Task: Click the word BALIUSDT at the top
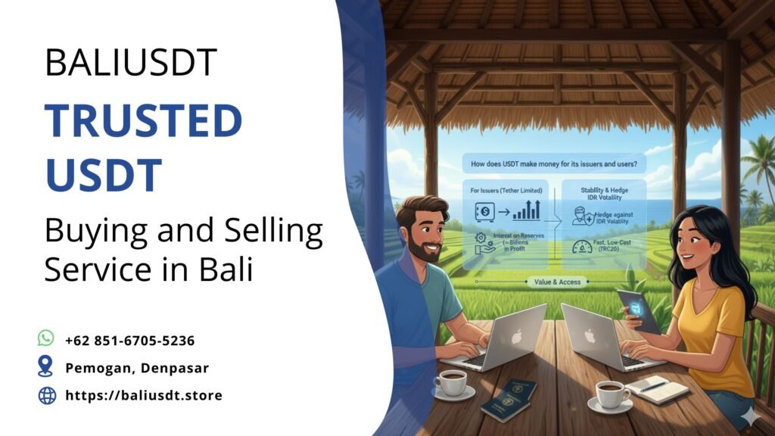point(131,62)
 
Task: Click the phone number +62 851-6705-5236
point(129,341)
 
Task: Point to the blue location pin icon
point(46,367)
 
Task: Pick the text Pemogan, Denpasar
point(137,368)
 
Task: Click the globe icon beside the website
point(47,395)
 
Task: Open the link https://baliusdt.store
point(144,395)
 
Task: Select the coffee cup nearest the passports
point(452,383)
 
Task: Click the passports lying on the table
point(509,399)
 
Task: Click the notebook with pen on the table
point(657,388)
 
